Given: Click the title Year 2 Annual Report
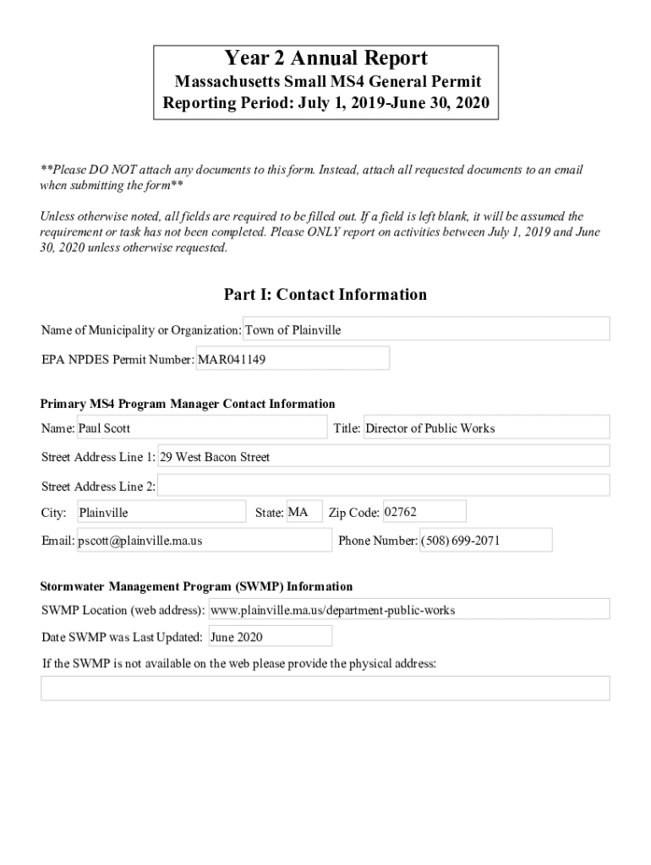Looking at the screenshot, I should coord(325,58).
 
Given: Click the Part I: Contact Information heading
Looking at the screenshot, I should coord(325,295).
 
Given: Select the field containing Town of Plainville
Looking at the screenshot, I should coord(426,329).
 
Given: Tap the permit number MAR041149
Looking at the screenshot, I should coord(293,359).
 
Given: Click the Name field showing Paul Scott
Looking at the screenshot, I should coord(201,427).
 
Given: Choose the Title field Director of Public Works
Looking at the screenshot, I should coord(485,427).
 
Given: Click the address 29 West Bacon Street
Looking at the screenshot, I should coord(383,457).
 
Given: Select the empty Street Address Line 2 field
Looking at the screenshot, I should coord(383,486).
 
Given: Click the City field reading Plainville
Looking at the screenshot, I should coord(161,512).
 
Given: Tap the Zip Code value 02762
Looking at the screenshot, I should coord(424,512).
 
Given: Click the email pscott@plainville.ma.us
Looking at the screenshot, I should coord(204,541).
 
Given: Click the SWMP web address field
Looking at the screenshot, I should coord(408,609).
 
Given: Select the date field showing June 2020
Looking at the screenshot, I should coord(270,636).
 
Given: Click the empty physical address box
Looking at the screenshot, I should coord(325,688).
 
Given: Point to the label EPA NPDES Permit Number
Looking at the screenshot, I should coord(118,360).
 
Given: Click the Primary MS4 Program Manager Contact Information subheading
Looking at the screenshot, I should coord(188,404).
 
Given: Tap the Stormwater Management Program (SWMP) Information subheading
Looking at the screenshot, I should coord(197,586).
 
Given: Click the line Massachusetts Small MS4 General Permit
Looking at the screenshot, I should coord(327,82).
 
